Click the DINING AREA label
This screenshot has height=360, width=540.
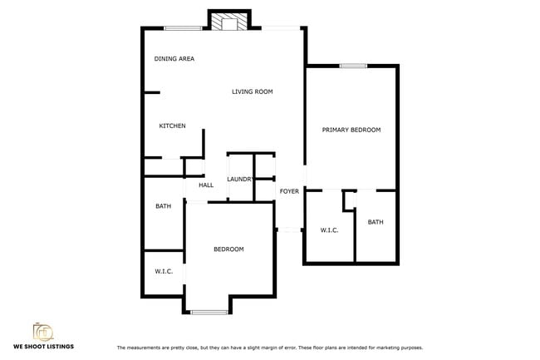[x=174, y=59]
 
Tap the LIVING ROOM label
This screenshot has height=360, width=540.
[x=253, y=91]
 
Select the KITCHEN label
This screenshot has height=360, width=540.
[x=172, y=126]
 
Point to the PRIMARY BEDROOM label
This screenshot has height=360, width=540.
[x=351, y=130]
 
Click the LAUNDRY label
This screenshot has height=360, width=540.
[x=240, y=180]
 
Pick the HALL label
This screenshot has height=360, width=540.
[x=206, y=185]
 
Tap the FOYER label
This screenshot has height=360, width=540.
[x=289, y=192]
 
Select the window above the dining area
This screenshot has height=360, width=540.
[x=183, y=29]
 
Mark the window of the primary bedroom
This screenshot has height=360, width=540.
[x=353, y=66]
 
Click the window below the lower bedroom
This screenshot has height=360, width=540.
[x=209, y=312]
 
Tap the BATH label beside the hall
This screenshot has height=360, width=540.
[x=163, y=206]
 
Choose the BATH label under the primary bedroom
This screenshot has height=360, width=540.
[x=376, y=222]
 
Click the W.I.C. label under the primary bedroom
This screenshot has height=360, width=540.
[x=329, y=229]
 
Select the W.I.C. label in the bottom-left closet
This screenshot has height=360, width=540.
[x=163, y=271]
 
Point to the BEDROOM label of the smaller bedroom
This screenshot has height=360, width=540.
[x=228, y=249]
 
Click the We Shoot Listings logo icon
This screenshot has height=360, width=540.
[x=43, y=332]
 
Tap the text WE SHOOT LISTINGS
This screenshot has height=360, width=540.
[x=43, y=346]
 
